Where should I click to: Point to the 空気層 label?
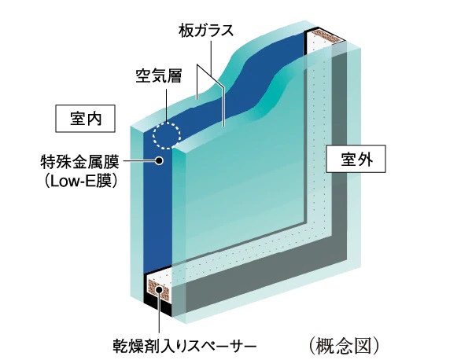click(158, 78)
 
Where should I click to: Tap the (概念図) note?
click(345, 344)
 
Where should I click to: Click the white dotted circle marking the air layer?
click(167, 134)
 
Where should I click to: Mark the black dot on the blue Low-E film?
click(160, 161)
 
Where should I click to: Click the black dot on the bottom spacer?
click(160, 292)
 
